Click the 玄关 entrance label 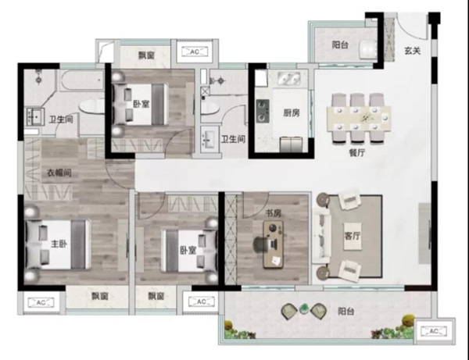pyautogui.click(x=413, y=51)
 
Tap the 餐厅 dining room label pyautogui.click(x=357, y=152)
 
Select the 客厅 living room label pyautogui.click(x=352, y=236)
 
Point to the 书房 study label pyautogui.click(x=274, y=214)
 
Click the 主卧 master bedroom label pyautogui.click(x=59, y=244)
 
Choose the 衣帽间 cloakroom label pyautogui.click(x=59, y=173)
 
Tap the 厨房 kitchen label pyautogui.click(x=292, y=113)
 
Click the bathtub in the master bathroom pyautogui.click(x=82, y=80)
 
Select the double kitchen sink pyautogui.click(x=288, y=79)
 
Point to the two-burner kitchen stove pyautogui.click(x=263, y=111)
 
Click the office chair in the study pyautogui.click(x=262, y=244)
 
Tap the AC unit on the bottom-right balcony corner pyautogui.click(x=433, y=331)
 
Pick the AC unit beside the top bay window pyautogui.click(x=195, y=52)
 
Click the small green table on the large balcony pyautogui.click(x=304, y=309)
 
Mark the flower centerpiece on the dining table pyautogui.click(x=366, y=118)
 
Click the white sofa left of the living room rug pyautogui.click(x=320, y=236)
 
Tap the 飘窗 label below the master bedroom pyautogui.click(x=99, y=296)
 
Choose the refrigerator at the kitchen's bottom pyautogui.click(x=291, y=144)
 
